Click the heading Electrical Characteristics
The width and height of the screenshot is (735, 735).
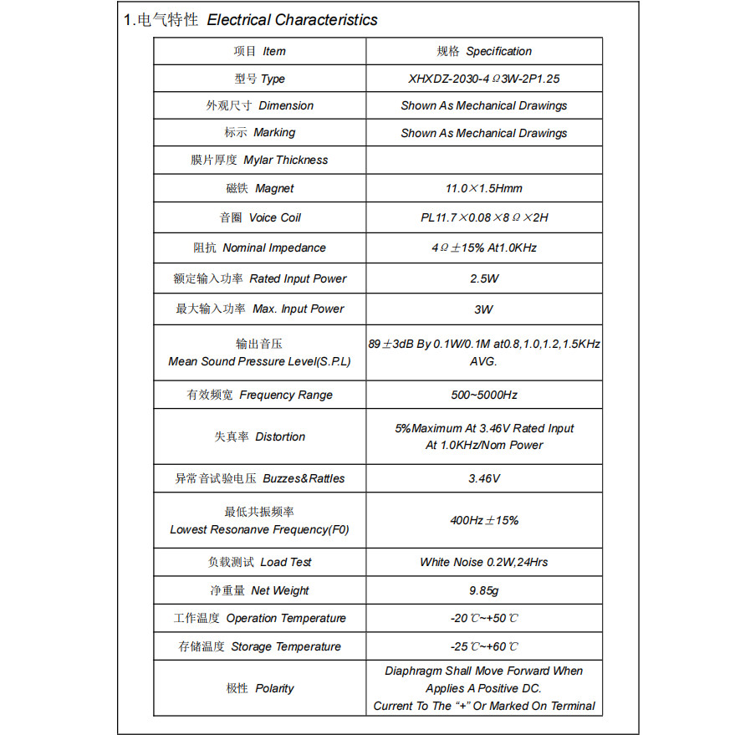292,20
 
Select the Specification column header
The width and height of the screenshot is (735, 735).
483,51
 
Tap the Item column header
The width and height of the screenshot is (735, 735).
259,51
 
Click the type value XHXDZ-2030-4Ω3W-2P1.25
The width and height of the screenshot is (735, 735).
483,79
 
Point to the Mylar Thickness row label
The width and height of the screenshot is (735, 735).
259,160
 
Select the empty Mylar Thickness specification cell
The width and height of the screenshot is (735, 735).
483,160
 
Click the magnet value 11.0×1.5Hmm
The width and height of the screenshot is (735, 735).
483,189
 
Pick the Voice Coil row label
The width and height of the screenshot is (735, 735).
259,217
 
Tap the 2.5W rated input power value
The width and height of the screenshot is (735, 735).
483,278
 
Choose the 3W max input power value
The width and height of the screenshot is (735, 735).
483,309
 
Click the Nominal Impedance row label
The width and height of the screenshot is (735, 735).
259,248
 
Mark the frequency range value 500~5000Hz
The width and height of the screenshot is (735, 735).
483,395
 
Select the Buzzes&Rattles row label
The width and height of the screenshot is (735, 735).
259,478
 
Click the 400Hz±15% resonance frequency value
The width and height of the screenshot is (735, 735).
483,520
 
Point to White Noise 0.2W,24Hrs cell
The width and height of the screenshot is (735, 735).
483,562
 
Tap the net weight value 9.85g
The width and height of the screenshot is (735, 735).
483,590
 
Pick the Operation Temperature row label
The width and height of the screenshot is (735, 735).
259,618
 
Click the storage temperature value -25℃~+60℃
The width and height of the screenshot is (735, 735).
483,646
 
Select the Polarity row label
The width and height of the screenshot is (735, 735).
259,688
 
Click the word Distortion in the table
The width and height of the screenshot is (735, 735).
280,436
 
